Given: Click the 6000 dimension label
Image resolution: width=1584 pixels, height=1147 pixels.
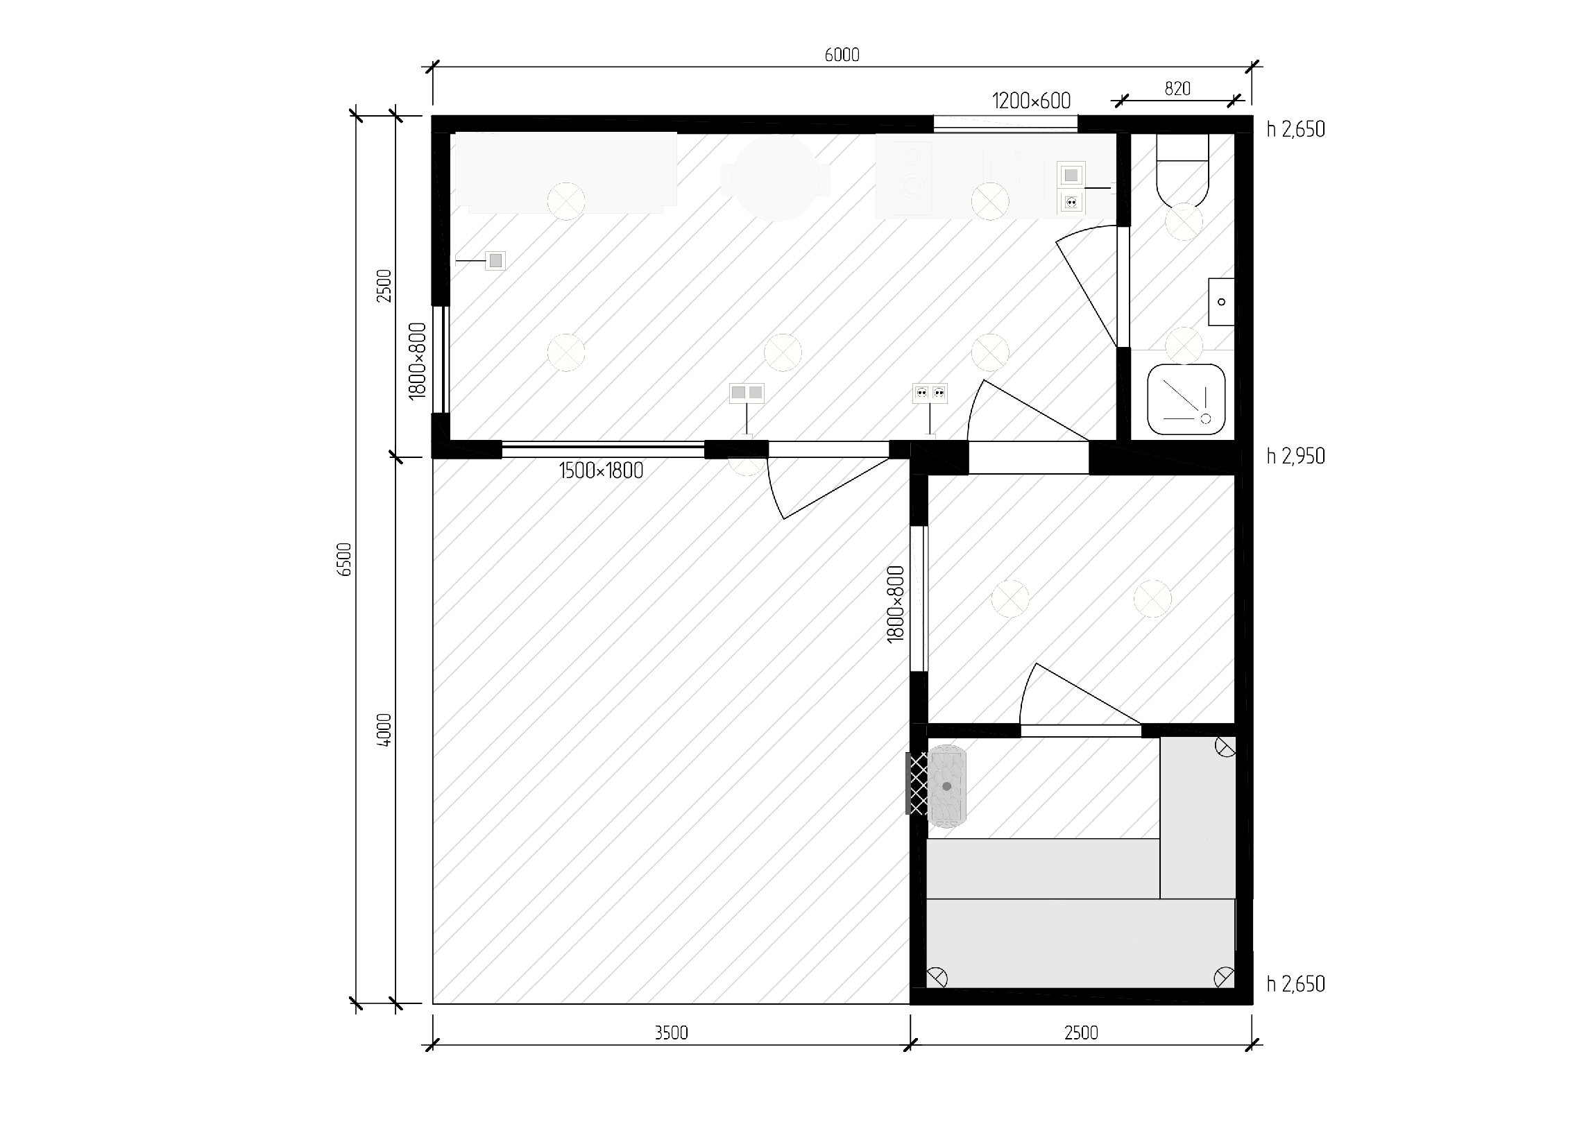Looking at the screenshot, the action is [x=842, y=56].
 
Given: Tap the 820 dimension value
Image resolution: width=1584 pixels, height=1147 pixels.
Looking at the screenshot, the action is [x=1177, y=89].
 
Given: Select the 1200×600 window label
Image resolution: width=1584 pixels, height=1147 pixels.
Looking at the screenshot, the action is [x=1032, y=101].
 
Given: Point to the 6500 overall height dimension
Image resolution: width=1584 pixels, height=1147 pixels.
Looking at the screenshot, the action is [x=344, y=559].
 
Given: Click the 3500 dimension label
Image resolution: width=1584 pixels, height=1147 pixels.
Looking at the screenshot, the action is [x=671, y=1033].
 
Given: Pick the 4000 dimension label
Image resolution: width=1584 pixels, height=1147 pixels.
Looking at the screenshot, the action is [x=384, y=730].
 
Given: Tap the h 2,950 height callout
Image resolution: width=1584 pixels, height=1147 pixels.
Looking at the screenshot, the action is [x=1295, y=456].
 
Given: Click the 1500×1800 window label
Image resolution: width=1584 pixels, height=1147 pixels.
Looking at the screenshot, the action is [x=602, y=471].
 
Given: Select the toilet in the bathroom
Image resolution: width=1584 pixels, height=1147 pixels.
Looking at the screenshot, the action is [x=1182, y=171].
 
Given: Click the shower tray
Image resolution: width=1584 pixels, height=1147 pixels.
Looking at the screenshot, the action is [x=1186, y=399].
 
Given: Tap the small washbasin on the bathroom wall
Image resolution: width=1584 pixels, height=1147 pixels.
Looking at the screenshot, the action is [x=1222, y=302].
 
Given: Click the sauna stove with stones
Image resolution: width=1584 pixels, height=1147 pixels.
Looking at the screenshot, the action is [x=947, y=787].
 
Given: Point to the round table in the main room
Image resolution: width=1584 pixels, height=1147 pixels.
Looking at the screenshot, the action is [x=776, y=179].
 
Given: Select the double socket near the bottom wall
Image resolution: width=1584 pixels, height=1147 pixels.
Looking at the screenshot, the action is [x=930, y=393].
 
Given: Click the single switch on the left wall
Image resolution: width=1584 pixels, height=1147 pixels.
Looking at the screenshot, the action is [x=495, y=260].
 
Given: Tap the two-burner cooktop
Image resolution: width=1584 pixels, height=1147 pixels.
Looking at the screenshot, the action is [x=904, y=178].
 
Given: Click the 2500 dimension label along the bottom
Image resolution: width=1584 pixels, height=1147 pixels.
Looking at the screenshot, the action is [x=1081, y=1033].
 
